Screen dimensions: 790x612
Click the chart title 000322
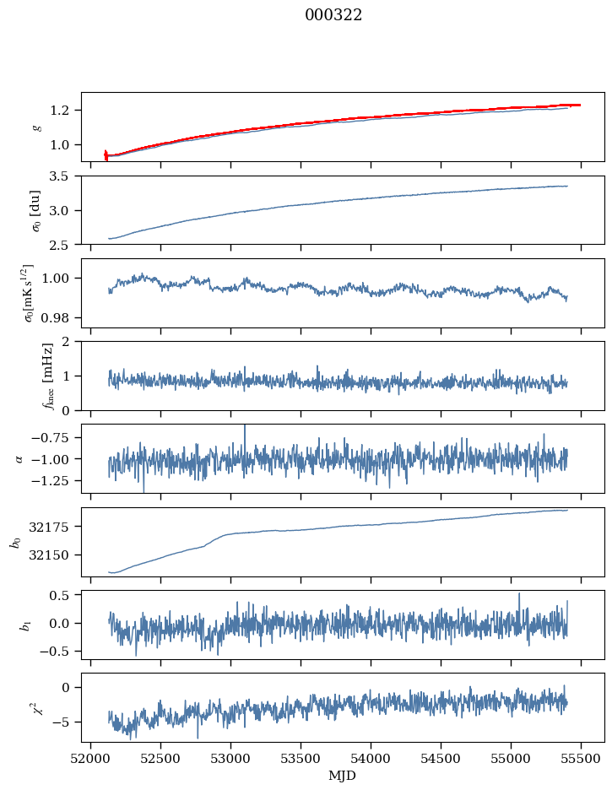tap(333, 15)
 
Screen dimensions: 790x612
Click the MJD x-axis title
tap(342, 776)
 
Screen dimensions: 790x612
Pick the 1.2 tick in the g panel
tap(63, 111)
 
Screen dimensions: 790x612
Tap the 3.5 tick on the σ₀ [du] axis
tap(63, 176)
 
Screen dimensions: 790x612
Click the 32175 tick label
tap(55, 527)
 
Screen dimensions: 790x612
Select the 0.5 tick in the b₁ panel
tap(63, 596)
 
